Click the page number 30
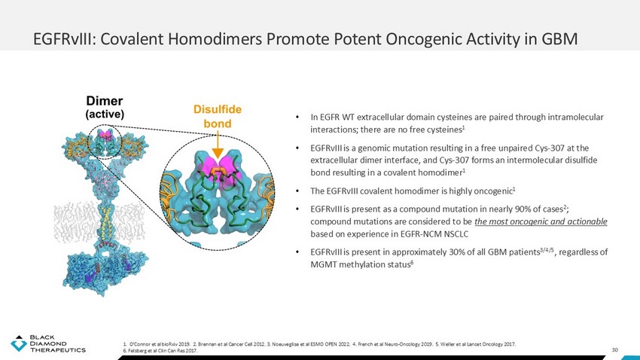614,349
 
